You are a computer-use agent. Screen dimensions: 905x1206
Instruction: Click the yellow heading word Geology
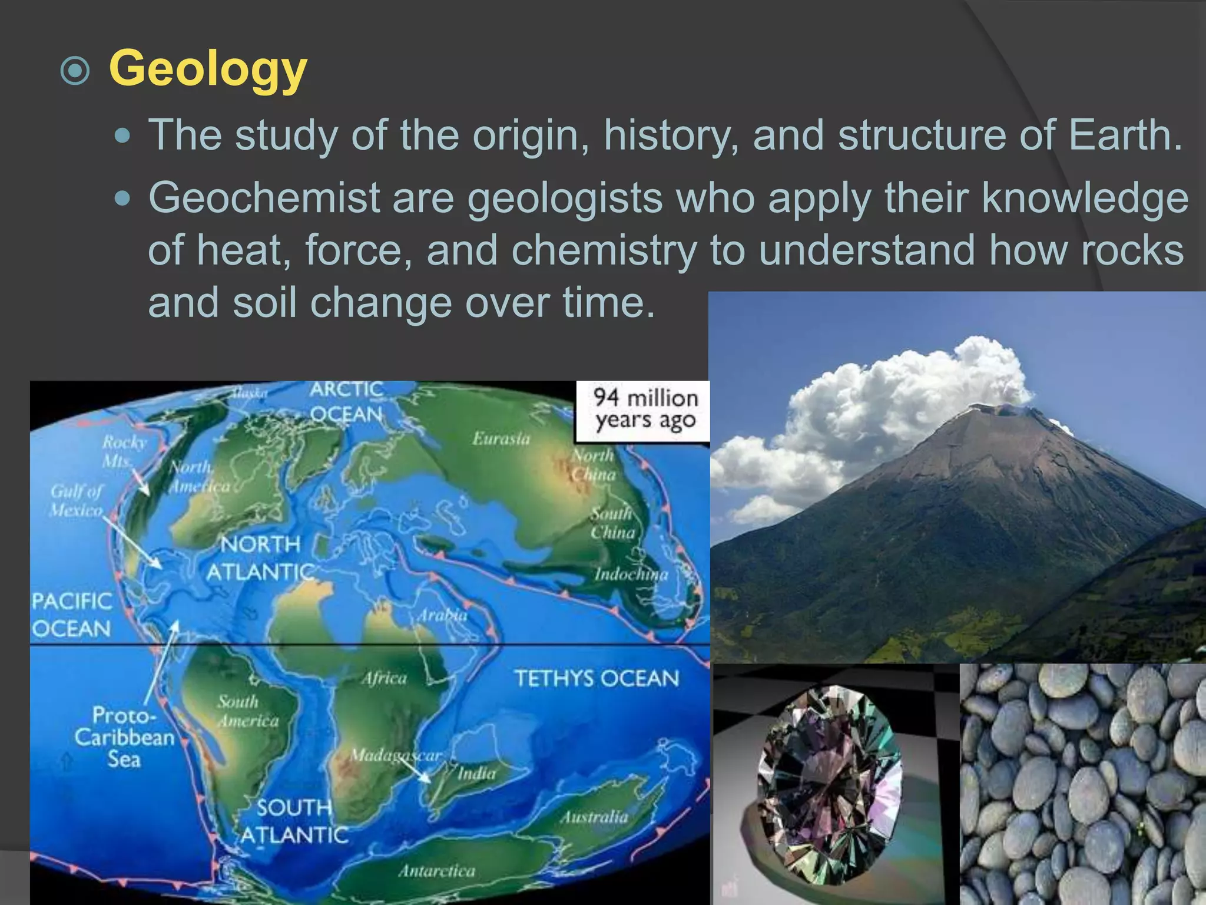(x=208, y=69)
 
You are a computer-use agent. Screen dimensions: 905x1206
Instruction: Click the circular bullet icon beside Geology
(x=75, y=72)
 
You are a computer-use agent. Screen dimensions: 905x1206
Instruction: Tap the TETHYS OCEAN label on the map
(x=597, y=678)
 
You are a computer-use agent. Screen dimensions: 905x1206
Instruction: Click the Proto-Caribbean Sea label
(x=125, y=737)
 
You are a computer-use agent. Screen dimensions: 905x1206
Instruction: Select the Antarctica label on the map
(x=436, y=871)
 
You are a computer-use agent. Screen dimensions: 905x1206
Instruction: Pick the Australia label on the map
(x=594, y=817)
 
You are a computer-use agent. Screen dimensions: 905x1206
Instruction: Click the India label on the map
(x=477, y=773)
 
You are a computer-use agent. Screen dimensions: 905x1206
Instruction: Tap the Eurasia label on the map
(x=501, y=438)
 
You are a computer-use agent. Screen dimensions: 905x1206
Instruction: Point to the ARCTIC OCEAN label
(x=347, y=402)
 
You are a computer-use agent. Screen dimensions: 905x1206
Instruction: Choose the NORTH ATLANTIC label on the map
(x=260, y=558)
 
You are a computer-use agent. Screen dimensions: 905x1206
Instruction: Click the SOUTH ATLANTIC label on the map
(x=294, y=821)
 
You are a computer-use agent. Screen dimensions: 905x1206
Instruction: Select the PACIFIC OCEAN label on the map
(x=71, y=615)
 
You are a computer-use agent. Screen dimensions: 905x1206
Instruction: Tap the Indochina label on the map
(x=631, y=574)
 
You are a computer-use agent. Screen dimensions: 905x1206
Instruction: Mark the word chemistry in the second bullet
(x=604, y=250)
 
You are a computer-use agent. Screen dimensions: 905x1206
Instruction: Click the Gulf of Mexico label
(x=77, y=500)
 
